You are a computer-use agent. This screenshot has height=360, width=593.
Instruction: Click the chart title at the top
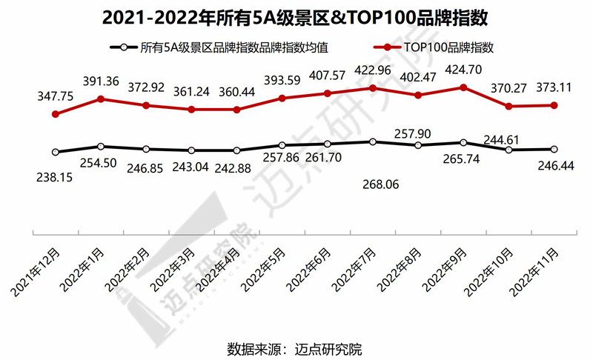[296, 17]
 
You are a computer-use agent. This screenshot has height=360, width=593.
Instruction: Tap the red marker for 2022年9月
[463, 87]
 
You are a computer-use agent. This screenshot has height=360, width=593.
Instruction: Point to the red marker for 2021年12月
[56, 114]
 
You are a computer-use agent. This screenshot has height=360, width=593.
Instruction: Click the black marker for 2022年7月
[373, 141]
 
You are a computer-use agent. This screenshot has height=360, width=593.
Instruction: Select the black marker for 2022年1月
[101, 147]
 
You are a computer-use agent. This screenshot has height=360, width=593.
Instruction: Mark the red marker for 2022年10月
[508, 106]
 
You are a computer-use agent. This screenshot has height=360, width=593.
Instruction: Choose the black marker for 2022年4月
[236, 150]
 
